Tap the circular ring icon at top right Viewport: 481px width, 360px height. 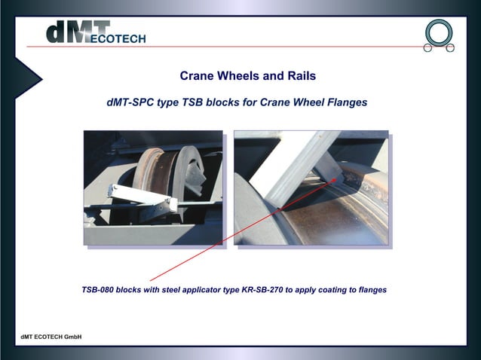pyautogui.click(x=439, y=33)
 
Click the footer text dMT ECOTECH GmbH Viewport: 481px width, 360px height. pyautogui.click(x=51, y=336)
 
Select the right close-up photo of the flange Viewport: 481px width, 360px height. pyautogui.click(x=311, y=188)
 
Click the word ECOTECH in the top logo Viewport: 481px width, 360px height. pyautogui.click(x=118, y=39)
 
